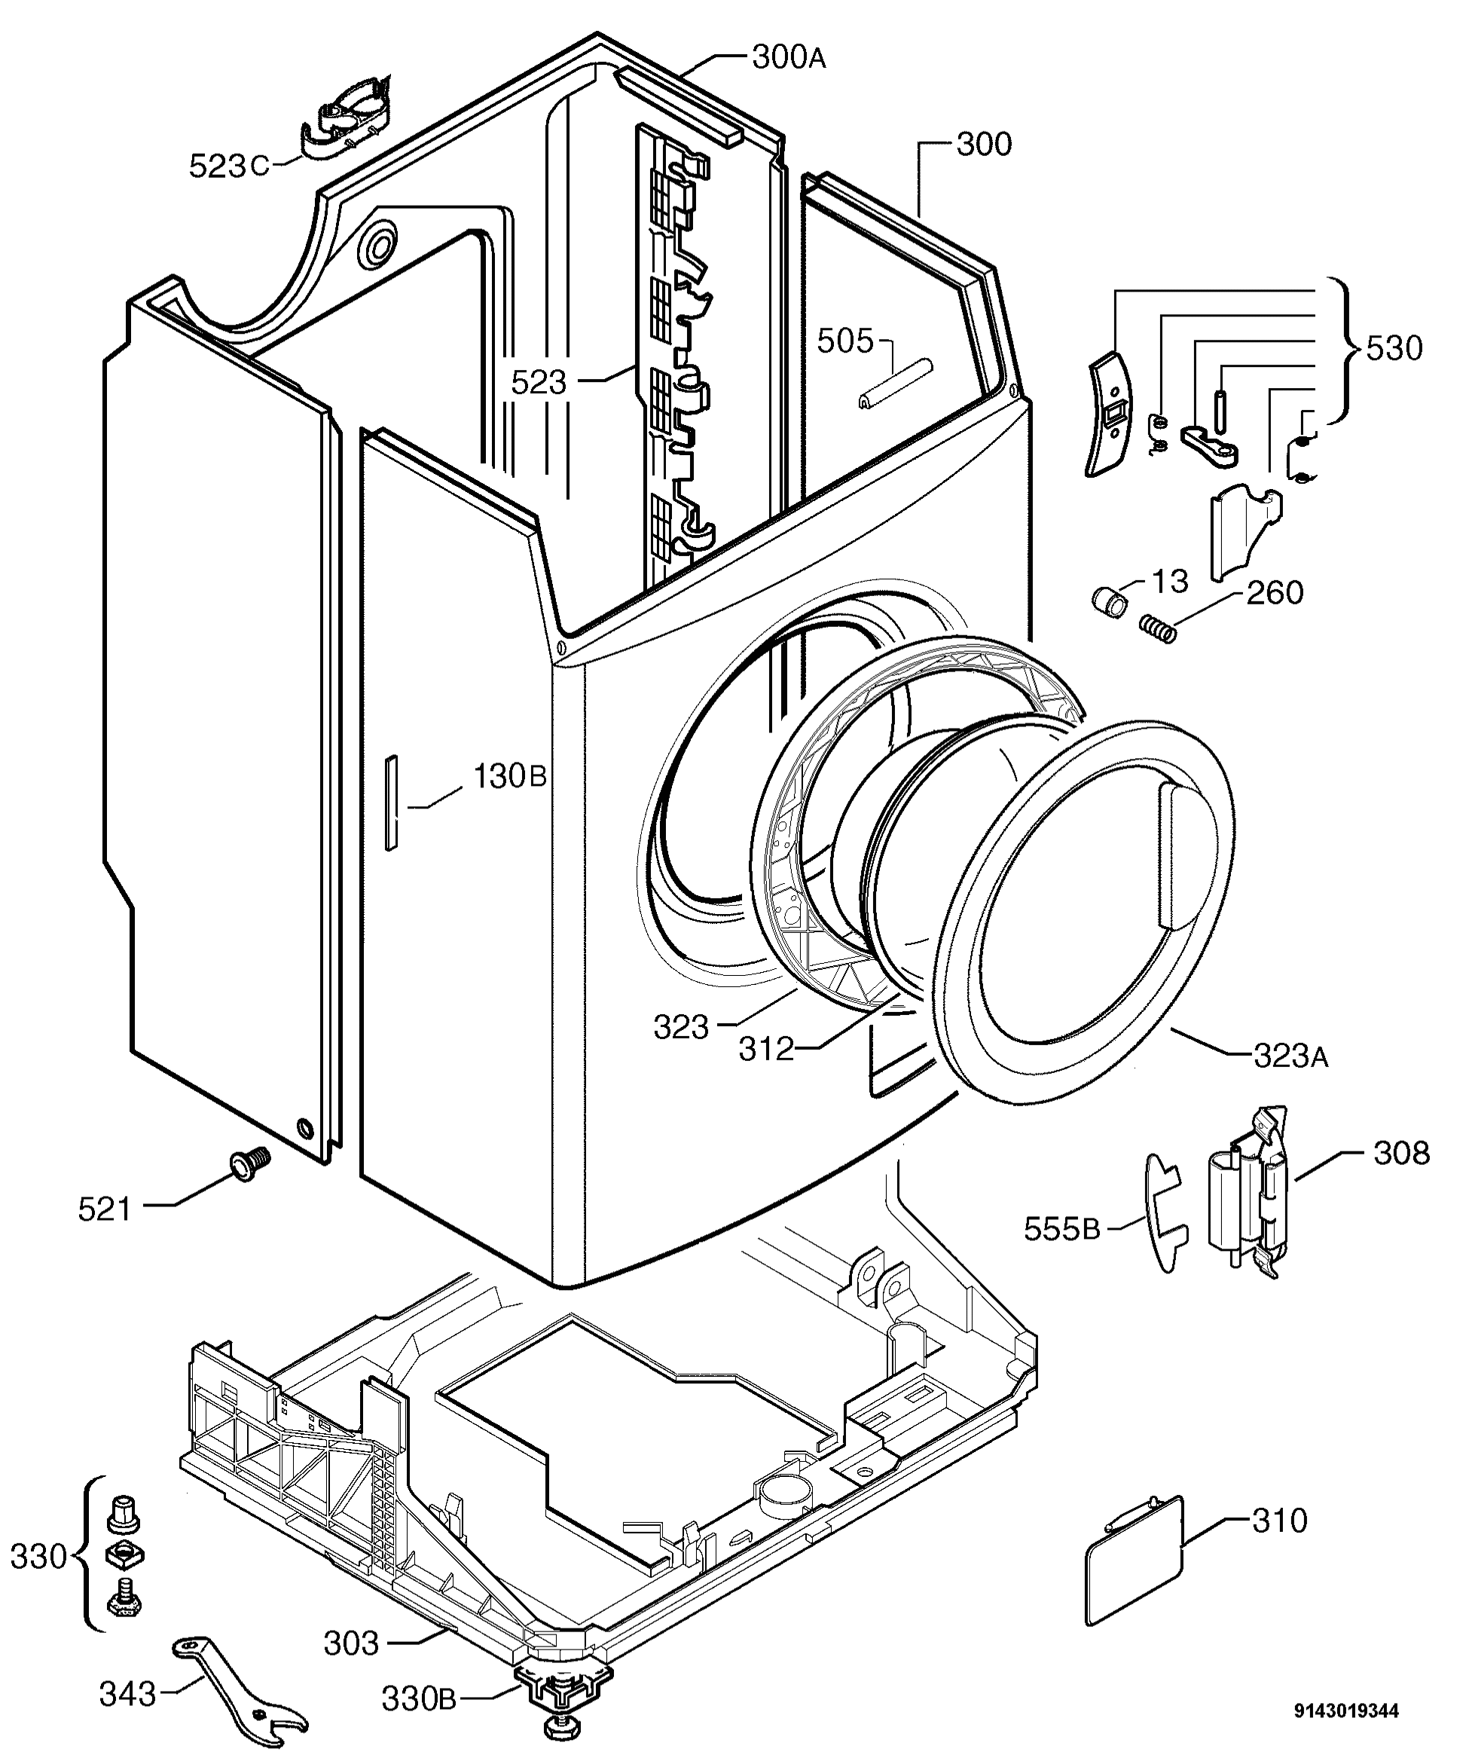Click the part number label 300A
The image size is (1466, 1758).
[788, 58]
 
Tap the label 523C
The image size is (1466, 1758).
[228, 166]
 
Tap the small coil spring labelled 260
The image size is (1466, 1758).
[1158, 628]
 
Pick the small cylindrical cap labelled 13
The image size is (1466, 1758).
[1110, 599]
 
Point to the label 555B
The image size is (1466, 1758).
[1061, 1229]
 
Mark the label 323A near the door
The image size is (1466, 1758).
[1290, 1057]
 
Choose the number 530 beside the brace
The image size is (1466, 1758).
[1394, 348]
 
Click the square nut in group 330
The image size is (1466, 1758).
[124, 1555]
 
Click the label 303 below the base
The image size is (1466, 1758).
[352, 1643]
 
